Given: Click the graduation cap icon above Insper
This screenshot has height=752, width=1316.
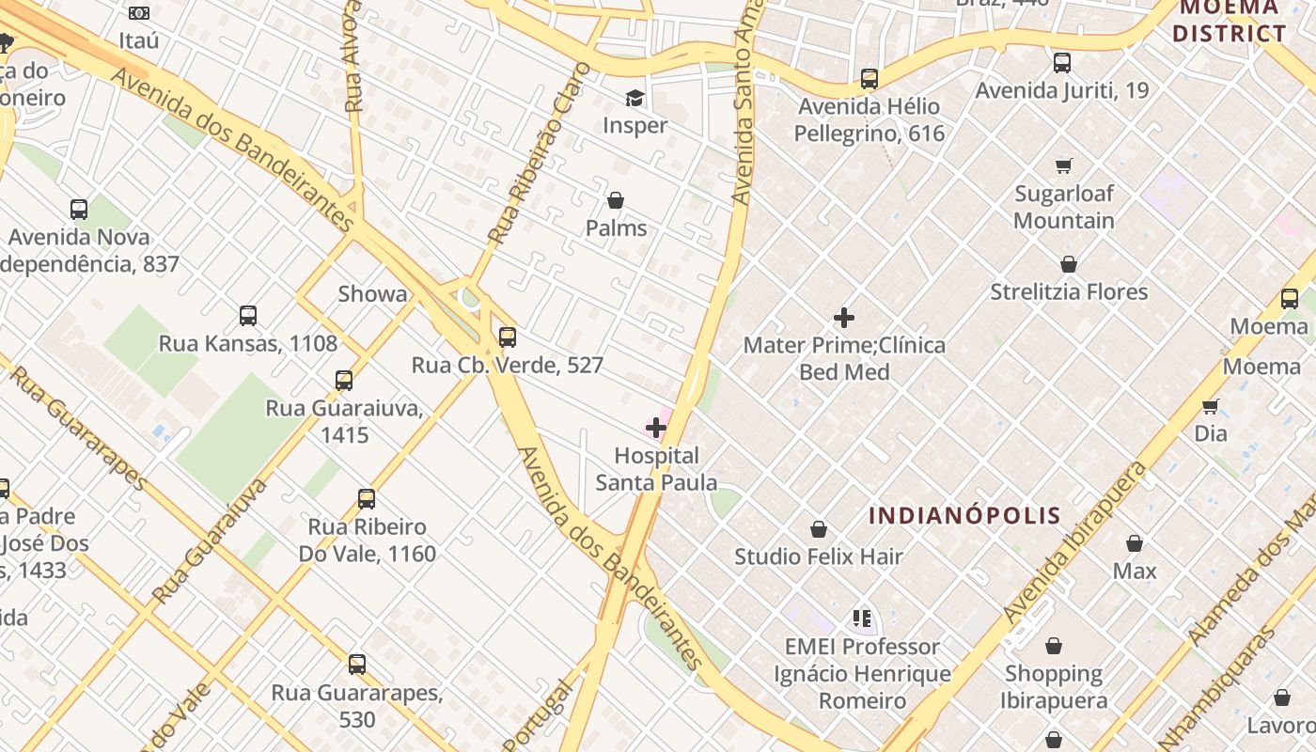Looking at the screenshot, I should coord(635,98).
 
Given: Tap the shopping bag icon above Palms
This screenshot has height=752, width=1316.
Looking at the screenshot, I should coord(616,200).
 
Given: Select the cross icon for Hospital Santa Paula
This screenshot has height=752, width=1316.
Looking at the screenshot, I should coord(656,428).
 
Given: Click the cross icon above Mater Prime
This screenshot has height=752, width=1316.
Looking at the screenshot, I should coord(844,318).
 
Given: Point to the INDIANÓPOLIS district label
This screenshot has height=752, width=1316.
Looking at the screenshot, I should coord(964,515).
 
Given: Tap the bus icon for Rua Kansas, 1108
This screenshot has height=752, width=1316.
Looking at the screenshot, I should coord(248,316).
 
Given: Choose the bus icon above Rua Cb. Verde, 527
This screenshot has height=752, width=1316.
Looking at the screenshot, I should coord(508,337).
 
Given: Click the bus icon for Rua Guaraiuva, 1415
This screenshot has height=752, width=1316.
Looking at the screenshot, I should coord(344,381).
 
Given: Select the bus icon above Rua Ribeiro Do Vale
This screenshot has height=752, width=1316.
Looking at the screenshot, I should coord(367,499).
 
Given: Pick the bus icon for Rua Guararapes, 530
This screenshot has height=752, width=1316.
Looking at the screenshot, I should coord(357,665).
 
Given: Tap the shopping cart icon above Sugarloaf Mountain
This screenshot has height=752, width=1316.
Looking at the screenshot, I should coord(1064,166).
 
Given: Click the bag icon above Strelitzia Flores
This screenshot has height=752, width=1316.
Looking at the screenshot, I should coord(1069,264).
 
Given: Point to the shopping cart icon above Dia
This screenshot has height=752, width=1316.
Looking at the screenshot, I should coord(1211,406).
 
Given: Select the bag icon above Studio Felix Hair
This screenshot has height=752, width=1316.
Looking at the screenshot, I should coord(819,529).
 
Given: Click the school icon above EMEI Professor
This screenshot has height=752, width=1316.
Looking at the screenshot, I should coord(862,619).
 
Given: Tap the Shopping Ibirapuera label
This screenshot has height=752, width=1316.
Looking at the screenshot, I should coord(1054,687).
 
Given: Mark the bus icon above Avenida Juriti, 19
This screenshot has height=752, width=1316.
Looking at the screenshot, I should coord(1062,63).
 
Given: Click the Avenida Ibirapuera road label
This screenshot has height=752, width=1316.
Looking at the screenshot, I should coord(1075,543).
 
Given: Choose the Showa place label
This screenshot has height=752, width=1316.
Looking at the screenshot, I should coord(373,294).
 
